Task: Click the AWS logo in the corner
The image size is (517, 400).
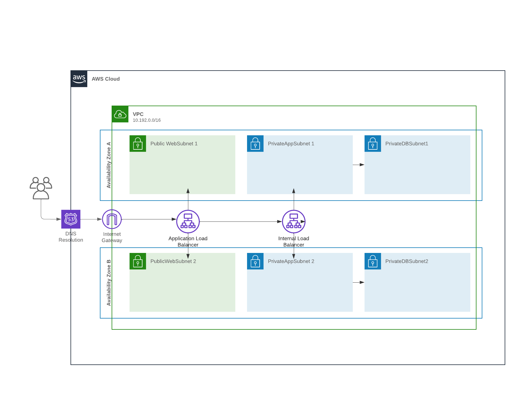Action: click(79, 79)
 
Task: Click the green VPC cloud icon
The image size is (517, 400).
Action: click(120, 114)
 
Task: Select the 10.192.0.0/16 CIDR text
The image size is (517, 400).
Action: click(147, 120)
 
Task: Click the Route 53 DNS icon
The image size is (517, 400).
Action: click(71, 219)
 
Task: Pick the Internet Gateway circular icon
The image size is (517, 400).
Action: click(112, 219)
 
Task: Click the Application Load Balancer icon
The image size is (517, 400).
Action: click(188, 221)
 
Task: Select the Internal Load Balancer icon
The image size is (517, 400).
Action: click(294, 221)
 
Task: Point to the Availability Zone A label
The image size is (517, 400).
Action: click(109, 165)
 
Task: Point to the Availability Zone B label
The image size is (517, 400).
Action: click(109, 283)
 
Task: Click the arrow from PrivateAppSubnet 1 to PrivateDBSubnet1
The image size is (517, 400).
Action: click(358, 165)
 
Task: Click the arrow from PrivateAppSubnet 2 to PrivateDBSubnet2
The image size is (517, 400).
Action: click(358, 282)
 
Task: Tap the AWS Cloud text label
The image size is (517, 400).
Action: click(105, 79)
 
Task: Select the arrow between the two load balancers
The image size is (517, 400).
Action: click(241, 221)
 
